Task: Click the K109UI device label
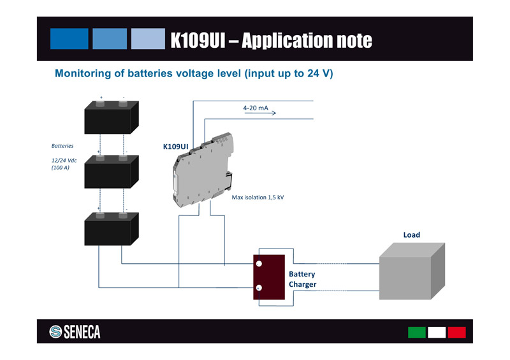click(175, 147)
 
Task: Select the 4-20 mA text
click(256, 108)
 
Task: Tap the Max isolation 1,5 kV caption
click(258, 198)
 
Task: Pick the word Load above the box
click(411, 235)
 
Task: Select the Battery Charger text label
click(302, 279)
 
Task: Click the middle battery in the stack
click(112, 171)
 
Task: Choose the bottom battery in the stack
click(112, 228)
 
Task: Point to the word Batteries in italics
click(62, 146)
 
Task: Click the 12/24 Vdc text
click(64, 160)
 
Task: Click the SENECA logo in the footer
click(75, 332)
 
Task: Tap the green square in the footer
click(416, 332)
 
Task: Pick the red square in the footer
click(457, 332)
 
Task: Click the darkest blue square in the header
click(69, 39)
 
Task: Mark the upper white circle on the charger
click(259, 264)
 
